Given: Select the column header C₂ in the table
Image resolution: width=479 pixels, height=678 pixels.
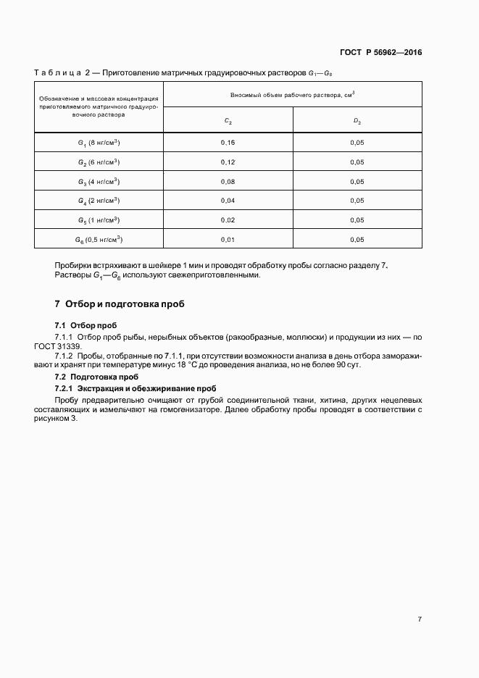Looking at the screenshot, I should [228, 121].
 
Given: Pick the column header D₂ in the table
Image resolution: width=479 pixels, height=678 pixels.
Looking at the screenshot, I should [357, 121].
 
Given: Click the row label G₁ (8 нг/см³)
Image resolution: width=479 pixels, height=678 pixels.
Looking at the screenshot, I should [99, 142].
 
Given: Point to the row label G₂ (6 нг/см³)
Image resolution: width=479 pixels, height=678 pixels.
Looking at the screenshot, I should [99, 162].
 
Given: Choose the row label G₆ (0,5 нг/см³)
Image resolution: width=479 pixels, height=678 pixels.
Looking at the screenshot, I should [99, 239].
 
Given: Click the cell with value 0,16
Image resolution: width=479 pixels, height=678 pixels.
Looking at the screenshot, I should [228, 143].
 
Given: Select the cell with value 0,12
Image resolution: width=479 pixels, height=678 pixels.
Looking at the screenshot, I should [228, 162].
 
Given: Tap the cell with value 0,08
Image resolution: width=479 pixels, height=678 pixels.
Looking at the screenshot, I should [228, 181].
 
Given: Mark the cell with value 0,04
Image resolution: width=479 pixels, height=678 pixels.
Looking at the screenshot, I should [228, 201].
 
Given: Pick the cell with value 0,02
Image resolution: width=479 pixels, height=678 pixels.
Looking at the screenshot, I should [228, 220].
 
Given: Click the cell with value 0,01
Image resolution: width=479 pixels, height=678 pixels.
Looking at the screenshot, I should [228, 240].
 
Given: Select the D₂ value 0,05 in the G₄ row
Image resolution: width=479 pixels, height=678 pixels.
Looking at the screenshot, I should [357, 201].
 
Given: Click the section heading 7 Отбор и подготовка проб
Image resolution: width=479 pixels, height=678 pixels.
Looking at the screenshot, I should [119, 304].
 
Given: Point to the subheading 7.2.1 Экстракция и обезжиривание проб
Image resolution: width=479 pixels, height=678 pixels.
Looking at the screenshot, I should [136, 388].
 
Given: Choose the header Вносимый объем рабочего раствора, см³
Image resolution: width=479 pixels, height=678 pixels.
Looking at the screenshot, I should [293, 95].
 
